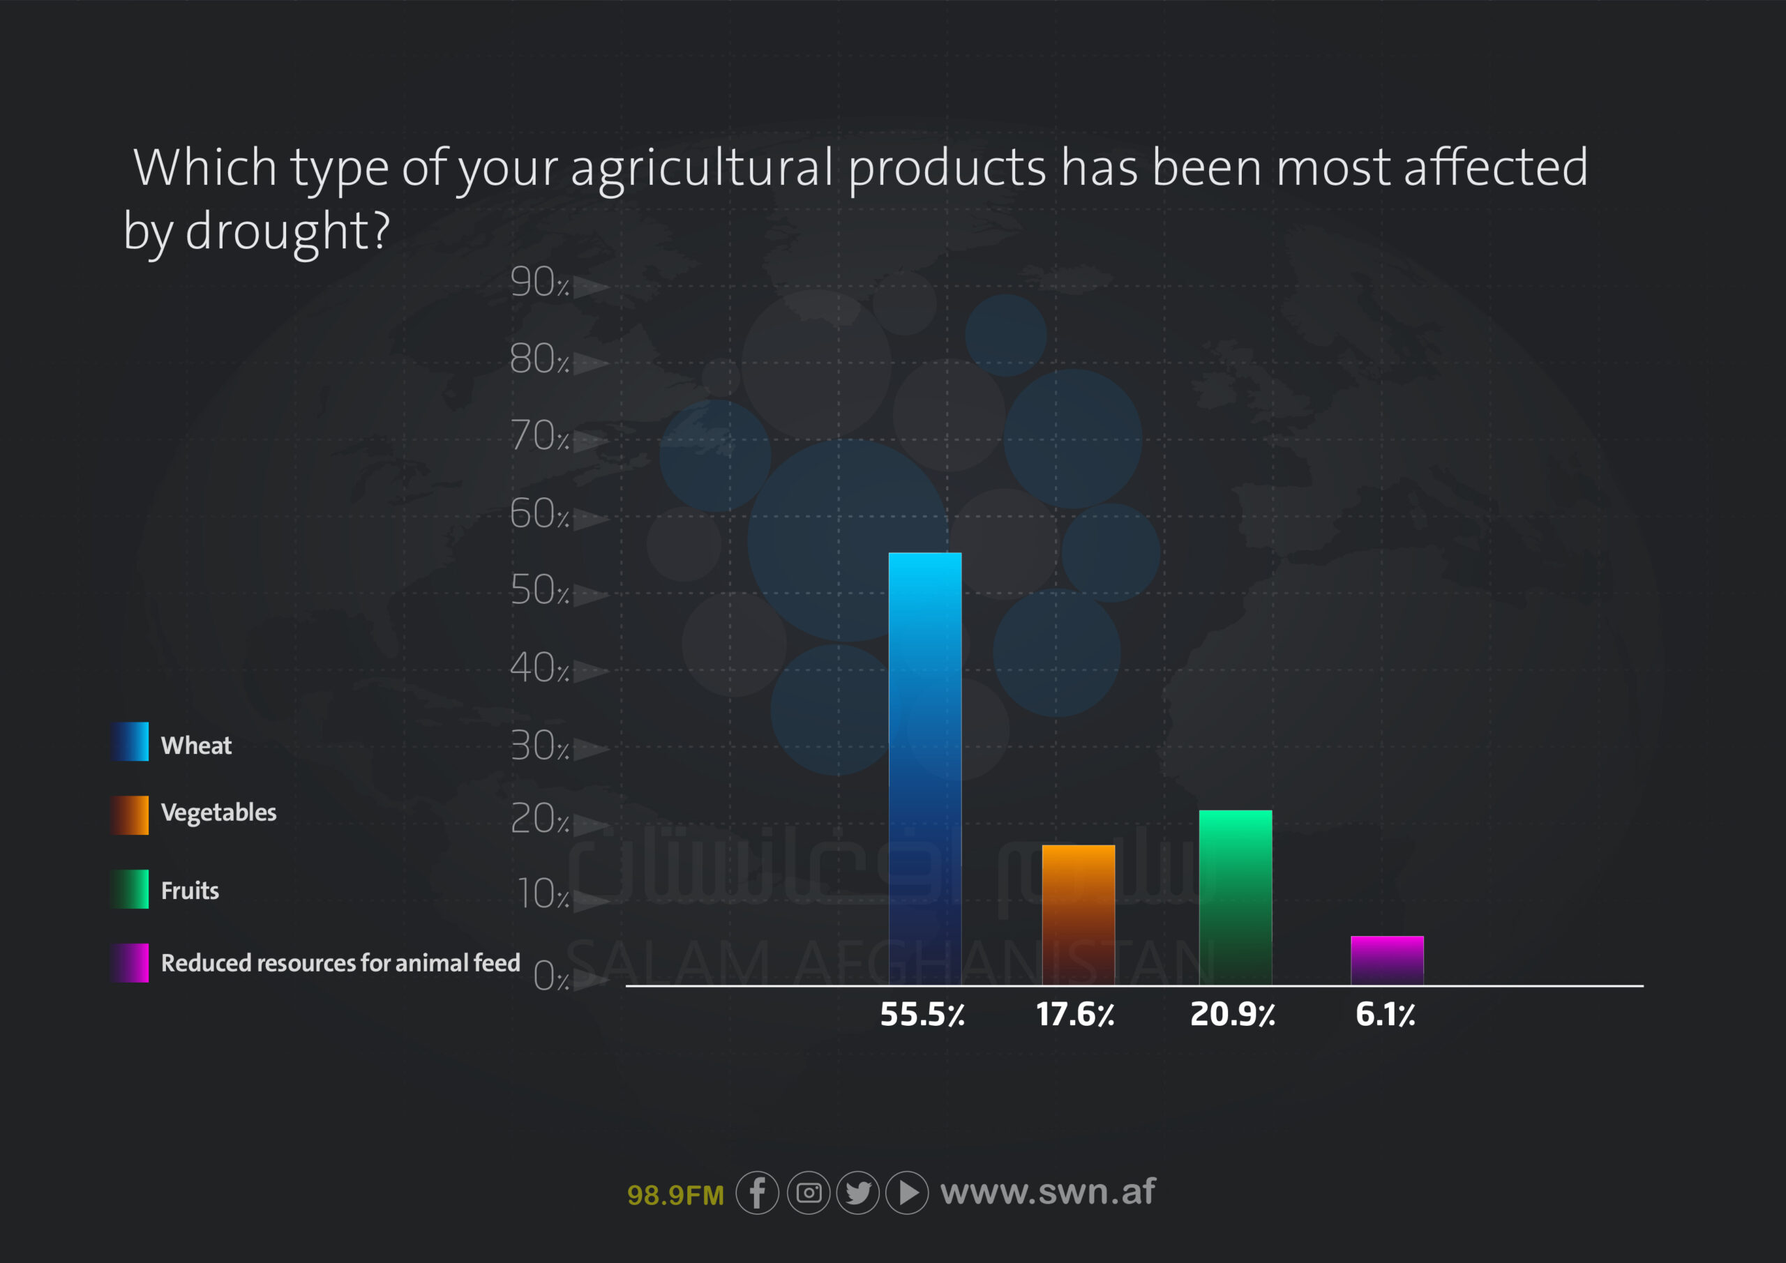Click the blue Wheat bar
(x=925, y=769)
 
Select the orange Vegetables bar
(x=1078, y=914)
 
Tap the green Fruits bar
(x=1236, y=898)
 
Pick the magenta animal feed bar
(x=1387, y=960)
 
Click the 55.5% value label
(x=922, y=1014)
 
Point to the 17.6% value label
(x=1075, y=1014)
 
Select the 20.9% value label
(x=1232, y=1014)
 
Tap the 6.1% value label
(x=1385, y=1014)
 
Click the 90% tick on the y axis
(x=540, y=282)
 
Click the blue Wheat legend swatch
(x=129, y=741)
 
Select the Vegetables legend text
(x=218, y=812)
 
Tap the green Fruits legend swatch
(x=129, y=889)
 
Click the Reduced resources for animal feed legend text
(x=340, y=963)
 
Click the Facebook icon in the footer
(x=757, y=1193)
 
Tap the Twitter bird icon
(x=858, y=1193)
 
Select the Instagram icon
(x=808, y=1193)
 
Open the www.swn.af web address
(x=1048, y=1191)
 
